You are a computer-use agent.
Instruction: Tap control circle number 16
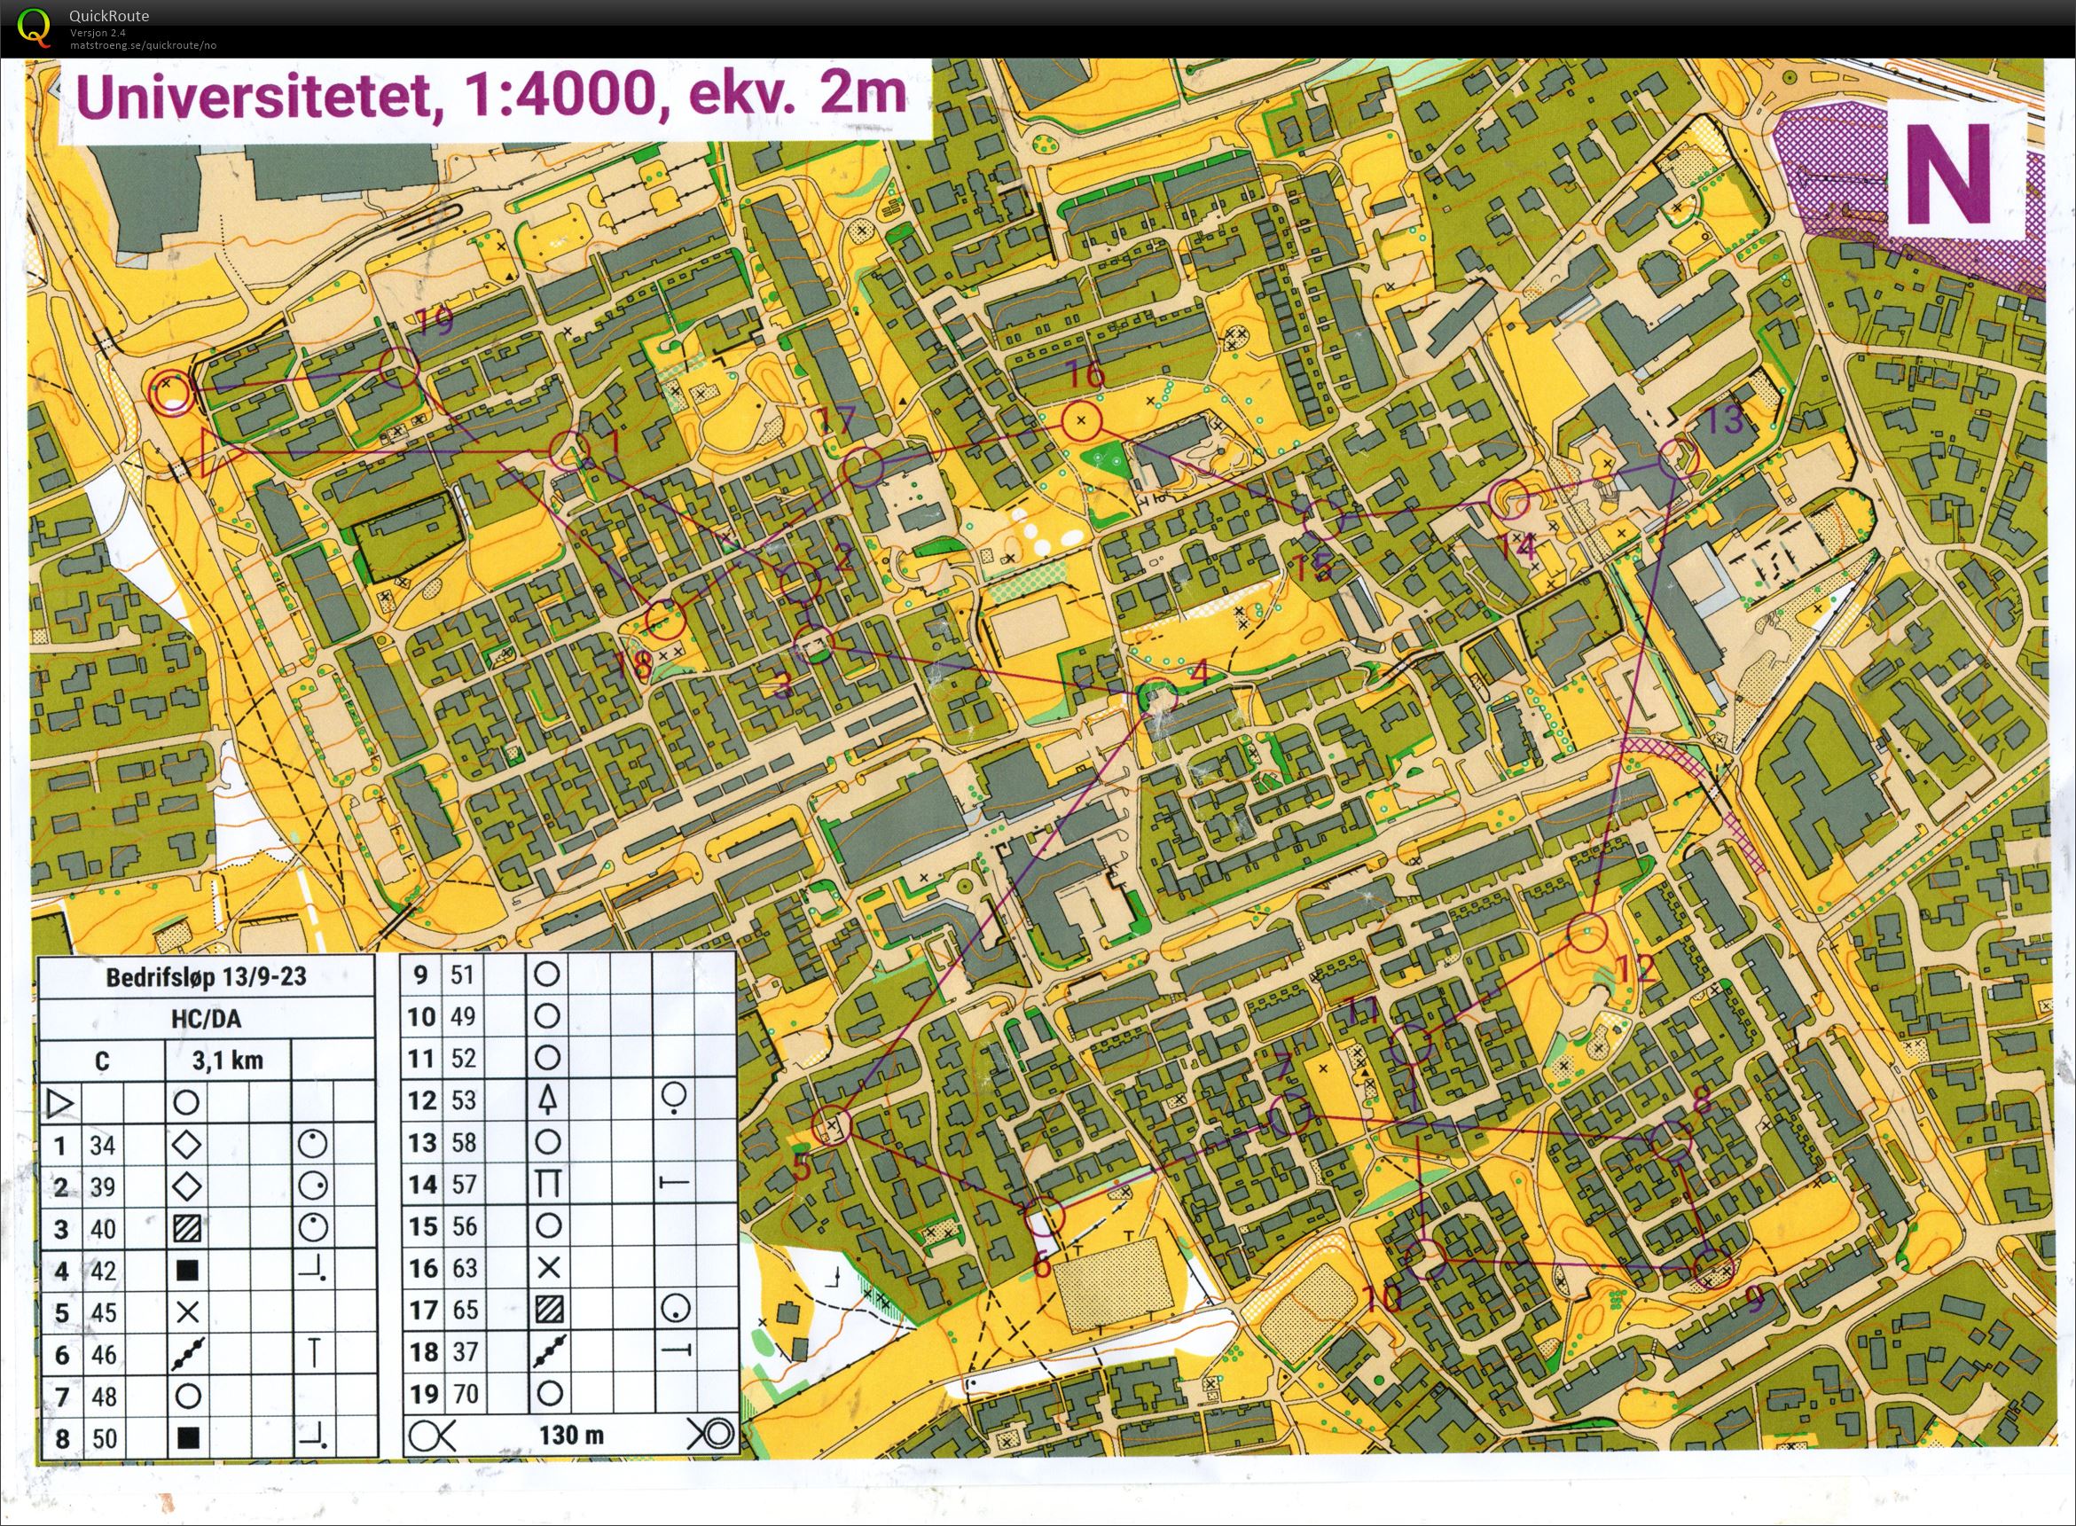[x=1081, y=422]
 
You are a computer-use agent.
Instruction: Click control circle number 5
[x=833, y=1126]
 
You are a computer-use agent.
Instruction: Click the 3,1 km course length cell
[x=227, y=1060]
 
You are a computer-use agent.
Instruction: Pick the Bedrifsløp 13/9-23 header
[x=206, y=978]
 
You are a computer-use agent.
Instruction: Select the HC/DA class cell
[x=206, y=1019]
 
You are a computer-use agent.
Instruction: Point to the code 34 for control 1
[x=103, y=1146]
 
